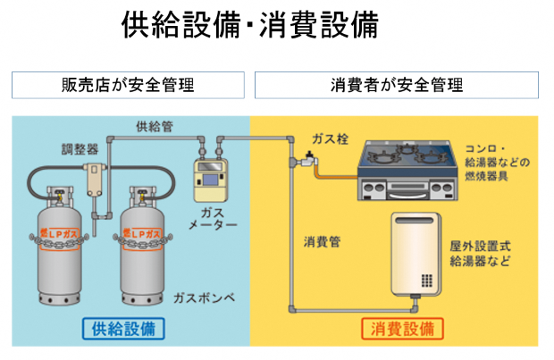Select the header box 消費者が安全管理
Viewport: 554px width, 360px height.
tap(396, 86)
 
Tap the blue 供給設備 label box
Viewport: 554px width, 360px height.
tap(123, 328)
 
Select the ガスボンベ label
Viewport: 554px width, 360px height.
tap(206, 297)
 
